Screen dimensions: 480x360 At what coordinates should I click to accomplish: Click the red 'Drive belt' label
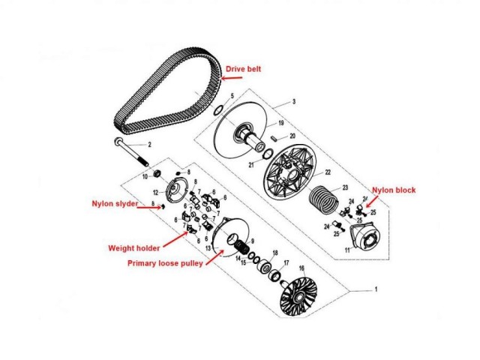[243, 69]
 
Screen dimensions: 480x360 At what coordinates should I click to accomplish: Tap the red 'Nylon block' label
[394, 190]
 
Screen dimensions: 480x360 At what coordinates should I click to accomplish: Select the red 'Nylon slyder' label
[115, 203]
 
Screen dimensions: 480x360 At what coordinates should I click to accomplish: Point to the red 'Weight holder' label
[134, 248]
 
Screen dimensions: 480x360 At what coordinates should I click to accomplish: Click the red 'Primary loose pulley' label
[165, 263]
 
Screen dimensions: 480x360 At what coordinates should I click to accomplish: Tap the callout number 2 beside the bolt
[150, 145]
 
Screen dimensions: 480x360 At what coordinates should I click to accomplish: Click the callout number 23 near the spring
[345, 187]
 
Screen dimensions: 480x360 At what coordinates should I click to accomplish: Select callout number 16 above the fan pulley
[301, 268]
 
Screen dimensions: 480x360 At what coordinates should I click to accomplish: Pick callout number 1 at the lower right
[376, 289]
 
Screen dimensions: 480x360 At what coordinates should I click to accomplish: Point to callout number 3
[294, 101]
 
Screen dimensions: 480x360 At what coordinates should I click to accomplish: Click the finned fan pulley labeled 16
[298, 296]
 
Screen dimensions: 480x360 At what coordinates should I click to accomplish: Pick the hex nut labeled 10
[157, 174]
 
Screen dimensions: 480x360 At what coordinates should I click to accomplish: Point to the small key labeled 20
[274, 137]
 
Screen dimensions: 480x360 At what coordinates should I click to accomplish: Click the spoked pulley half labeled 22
[289, 175]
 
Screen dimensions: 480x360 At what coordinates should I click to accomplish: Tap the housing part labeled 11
[365, 235]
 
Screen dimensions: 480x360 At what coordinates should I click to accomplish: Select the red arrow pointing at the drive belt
[232, 78]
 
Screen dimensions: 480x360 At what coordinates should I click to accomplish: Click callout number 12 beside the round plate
[156, 193]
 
